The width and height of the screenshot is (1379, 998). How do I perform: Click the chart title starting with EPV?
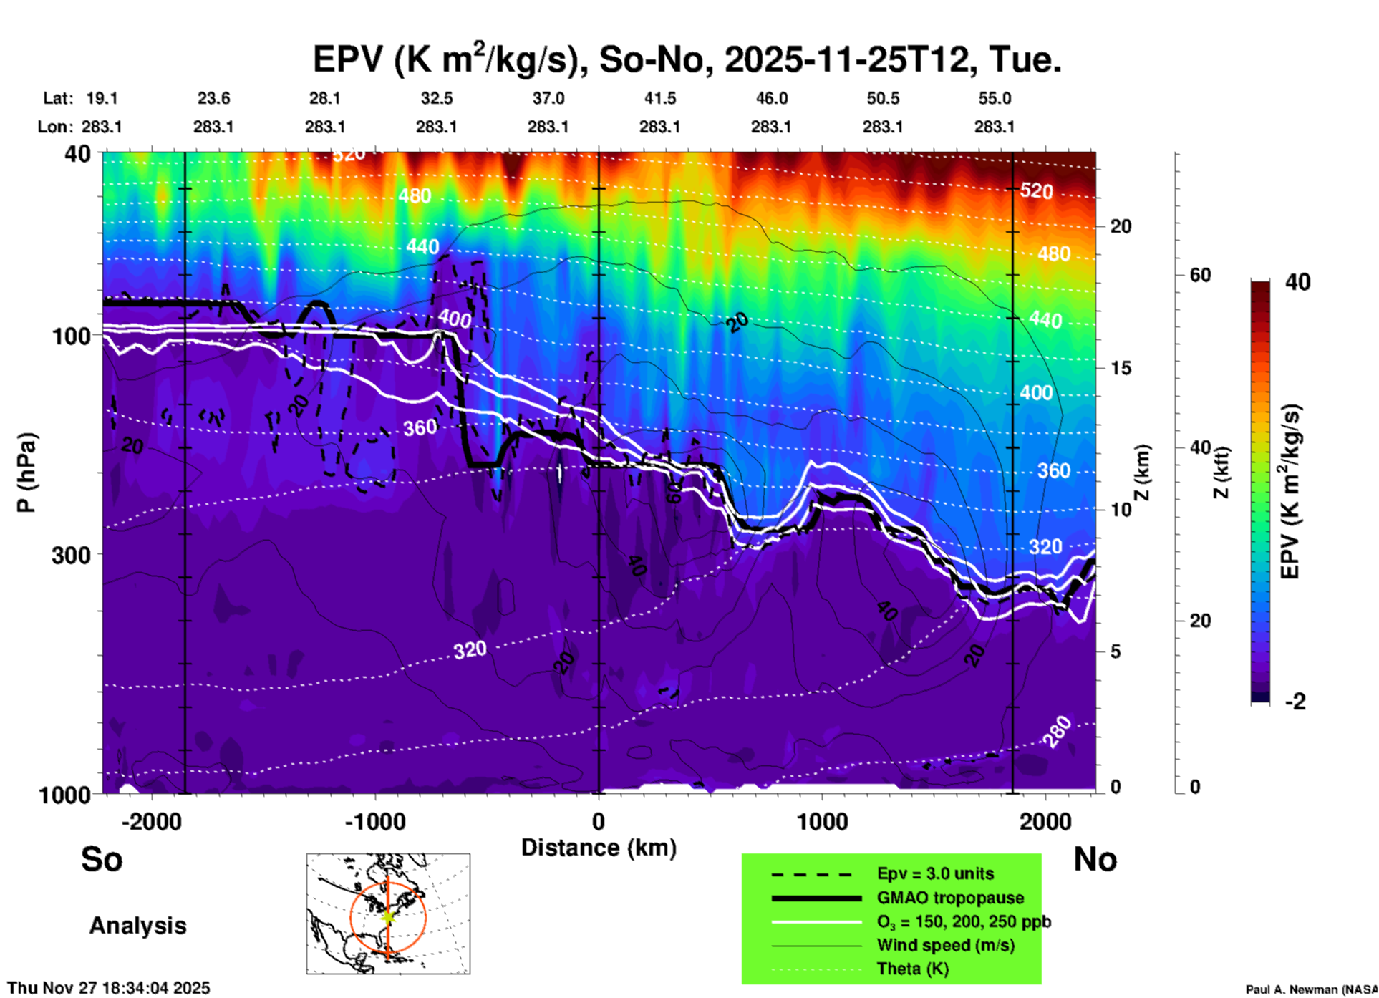(687, 59)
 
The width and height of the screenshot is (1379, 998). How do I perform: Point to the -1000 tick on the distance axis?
(375, 821)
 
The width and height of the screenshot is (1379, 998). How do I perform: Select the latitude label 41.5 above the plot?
(659, 98)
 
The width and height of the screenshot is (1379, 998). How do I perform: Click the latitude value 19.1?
(102, 98)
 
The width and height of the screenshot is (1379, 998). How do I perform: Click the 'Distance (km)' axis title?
(599, 848)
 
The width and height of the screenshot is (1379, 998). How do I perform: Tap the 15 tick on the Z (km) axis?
(1121, 368)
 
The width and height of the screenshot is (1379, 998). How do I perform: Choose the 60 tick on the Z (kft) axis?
(1201, 276)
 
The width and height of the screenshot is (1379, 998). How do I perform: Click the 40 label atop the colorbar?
(1297, 282)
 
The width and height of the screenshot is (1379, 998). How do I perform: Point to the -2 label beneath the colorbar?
(1295, 702)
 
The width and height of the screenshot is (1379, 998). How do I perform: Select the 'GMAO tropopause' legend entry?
(950, 898)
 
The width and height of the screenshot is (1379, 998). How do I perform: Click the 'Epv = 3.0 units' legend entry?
(935, 873)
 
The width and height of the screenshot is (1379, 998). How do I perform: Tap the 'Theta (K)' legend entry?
(912, 969)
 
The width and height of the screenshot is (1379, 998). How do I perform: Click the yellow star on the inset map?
(387, 916)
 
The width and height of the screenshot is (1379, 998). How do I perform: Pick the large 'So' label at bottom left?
(102, 858)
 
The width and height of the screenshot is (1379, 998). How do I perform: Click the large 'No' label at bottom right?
(1095, 858)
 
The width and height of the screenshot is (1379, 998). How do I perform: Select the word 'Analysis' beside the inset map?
(137, 925)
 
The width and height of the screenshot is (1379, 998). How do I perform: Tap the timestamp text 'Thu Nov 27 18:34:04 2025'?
(109, 988)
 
